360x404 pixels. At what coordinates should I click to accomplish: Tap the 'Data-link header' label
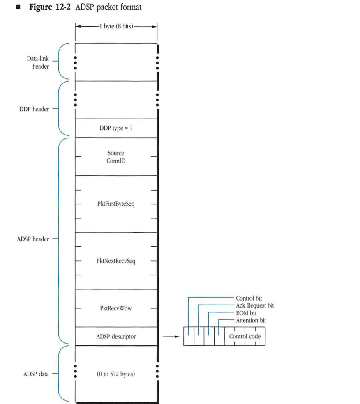pyautogui.click(x=38, y=62)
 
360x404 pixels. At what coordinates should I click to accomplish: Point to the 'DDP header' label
pyautogui.click(x=35, y=109)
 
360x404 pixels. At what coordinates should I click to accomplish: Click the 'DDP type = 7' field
pyautogui.click(x=116, y=129)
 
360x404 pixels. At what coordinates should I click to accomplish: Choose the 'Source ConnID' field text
pyautogui.click(x=116, y=157)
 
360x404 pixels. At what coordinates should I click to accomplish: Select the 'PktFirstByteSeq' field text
pyautogui.click(x=116, y=204)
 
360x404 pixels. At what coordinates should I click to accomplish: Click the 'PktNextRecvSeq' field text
pyautogui.click(x=116, y=261)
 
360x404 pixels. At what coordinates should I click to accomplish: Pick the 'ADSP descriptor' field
pyautogui.click(x=116, y=337)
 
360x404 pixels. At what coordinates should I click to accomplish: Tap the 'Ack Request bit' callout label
pyautogui.click(x=254, y=305)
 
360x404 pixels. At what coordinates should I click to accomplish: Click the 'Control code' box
pyautogui.click(x=245, y=337)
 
